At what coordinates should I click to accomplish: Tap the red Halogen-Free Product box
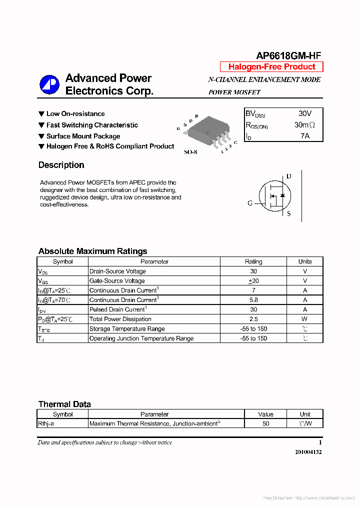272,67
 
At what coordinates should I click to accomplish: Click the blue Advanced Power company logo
49,84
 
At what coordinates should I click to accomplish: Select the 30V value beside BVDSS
304,114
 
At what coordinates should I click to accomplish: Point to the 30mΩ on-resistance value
304,125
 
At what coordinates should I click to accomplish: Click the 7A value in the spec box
304,135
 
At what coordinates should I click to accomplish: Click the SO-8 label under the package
190,152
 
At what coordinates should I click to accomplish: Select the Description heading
61,165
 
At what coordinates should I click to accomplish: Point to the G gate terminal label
250,203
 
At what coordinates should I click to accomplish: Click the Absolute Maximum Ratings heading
92,251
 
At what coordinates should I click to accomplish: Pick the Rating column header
253,261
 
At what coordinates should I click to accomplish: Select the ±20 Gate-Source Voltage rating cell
253,281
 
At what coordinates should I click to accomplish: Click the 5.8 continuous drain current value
253,300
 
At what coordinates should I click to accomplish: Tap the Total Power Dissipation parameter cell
120,319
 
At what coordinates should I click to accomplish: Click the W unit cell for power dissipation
304,319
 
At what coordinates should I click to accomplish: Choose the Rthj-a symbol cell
46,423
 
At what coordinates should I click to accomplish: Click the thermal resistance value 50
265,423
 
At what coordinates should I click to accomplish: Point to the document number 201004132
308,452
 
